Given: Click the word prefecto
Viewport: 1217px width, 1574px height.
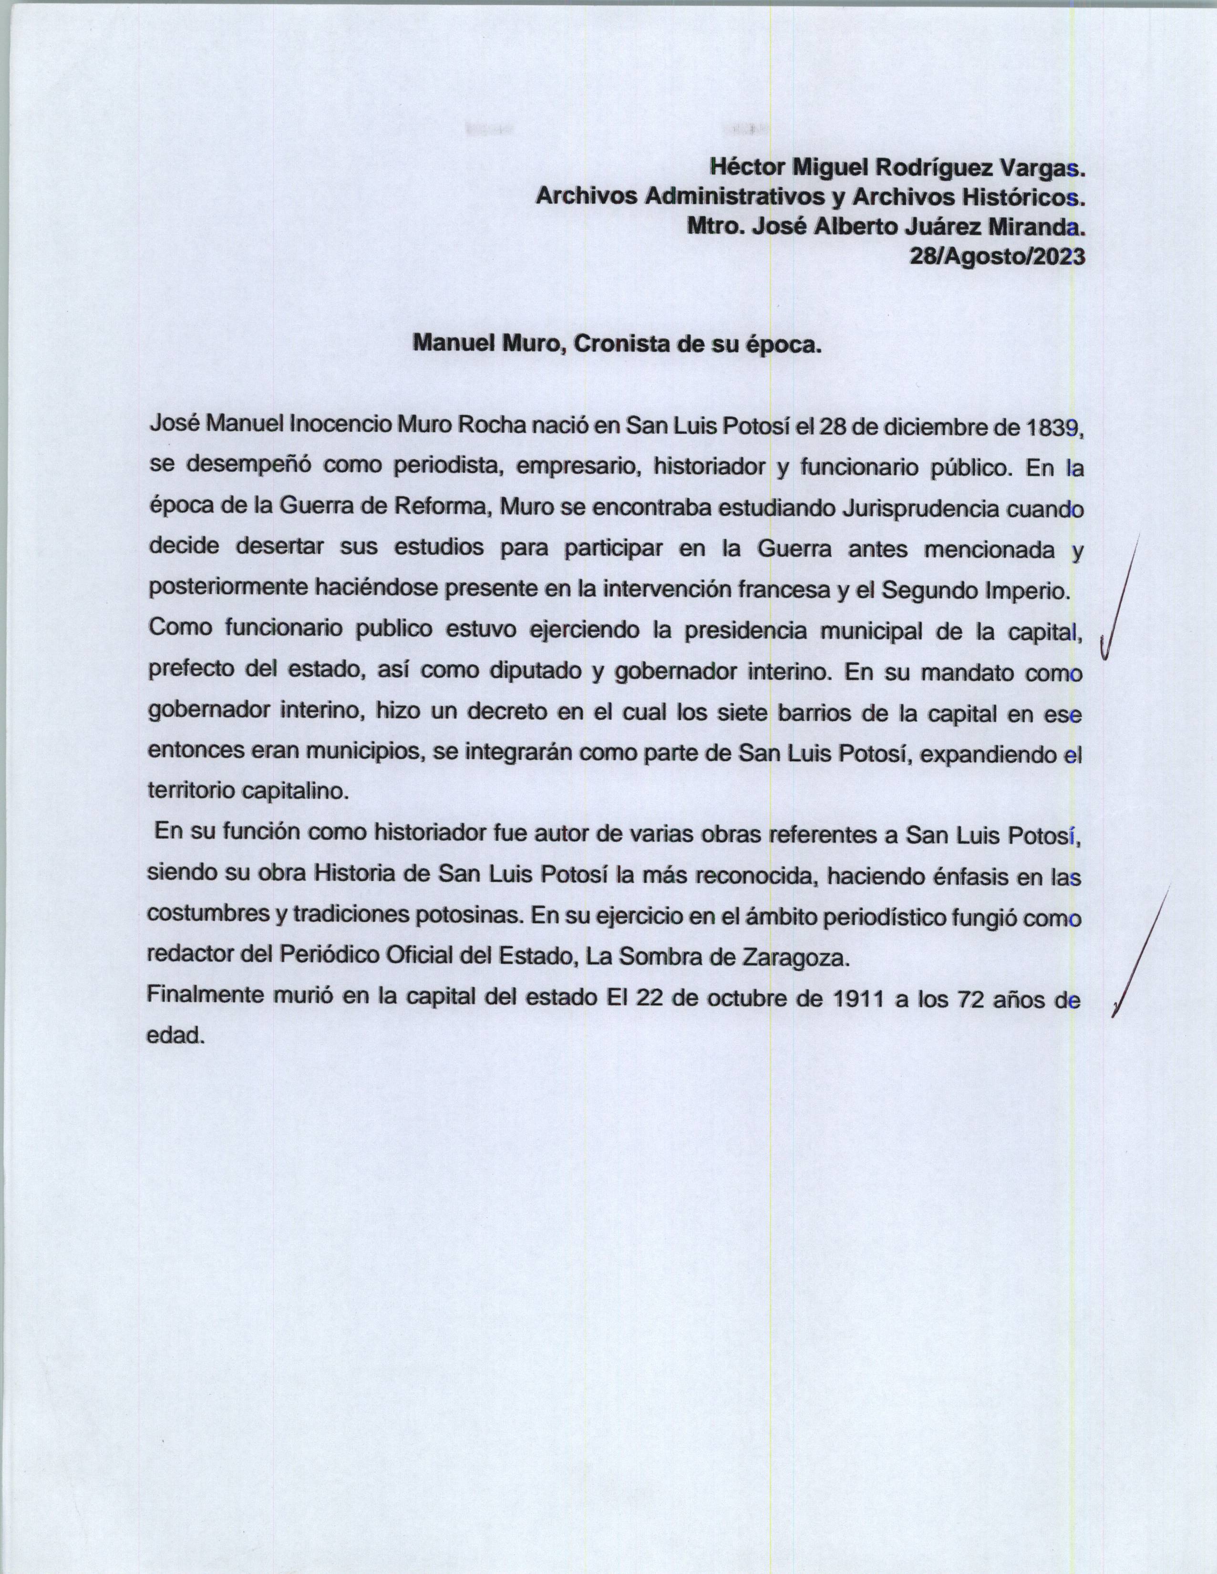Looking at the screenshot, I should coord(189,671).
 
